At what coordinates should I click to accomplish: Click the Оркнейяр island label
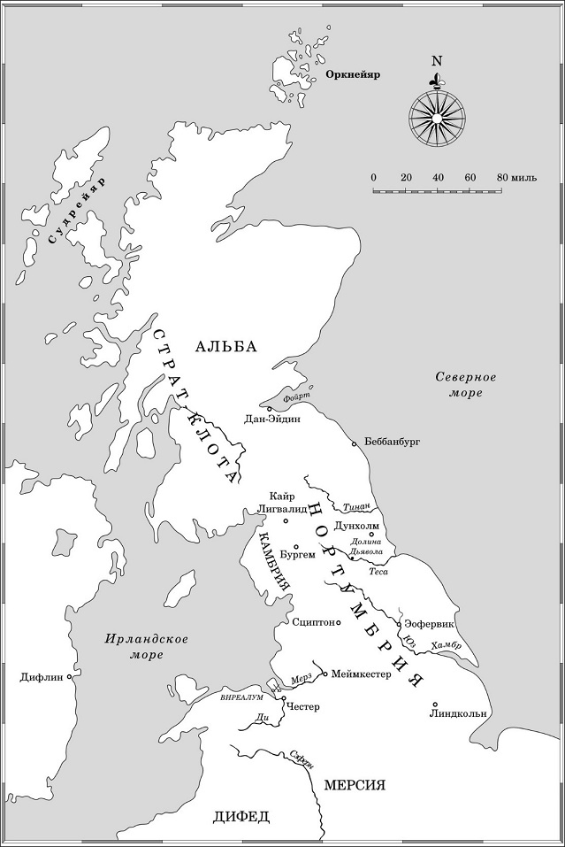pos(352,75)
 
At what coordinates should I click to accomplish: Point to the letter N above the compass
pos(436,61)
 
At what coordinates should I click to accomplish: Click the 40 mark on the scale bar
pos(438,178)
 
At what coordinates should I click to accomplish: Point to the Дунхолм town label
pos(356,525)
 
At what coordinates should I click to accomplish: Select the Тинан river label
pos(355,507)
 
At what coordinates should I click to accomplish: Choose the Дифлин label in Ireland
pos(41,678)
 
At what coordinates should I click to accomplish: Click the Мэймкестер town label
pos(361,674)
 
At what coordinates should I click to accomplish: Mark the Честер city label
pos(303,706)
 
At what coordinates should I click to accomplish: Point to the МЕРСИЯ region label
pos(354,785)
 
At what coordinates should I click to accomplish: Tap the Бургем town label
pos(297,555)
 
